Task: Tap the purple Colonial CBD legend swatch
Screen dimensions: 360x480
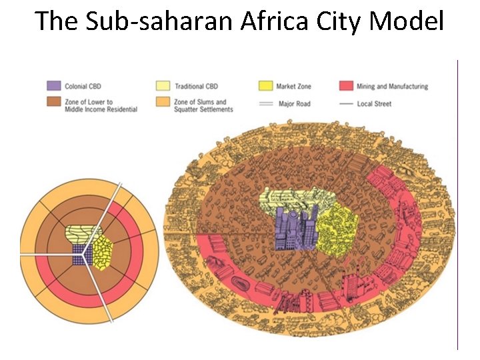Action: (54, 86)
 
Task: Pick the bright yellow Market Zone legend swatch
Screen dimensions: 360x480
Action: (265, 86)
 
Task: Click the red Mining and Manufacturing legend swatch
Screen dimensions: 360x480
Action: (346, 86)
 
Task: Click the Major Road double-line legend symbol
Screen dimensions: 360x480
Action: (265, 104)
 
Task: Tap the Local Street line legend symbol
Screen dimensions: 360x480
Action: (346, 104)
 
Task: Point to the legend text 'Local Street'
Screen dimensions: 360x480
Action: (375, 104)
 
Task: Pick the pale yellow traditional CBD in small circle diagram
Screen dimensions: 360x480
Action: (81, 234)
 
